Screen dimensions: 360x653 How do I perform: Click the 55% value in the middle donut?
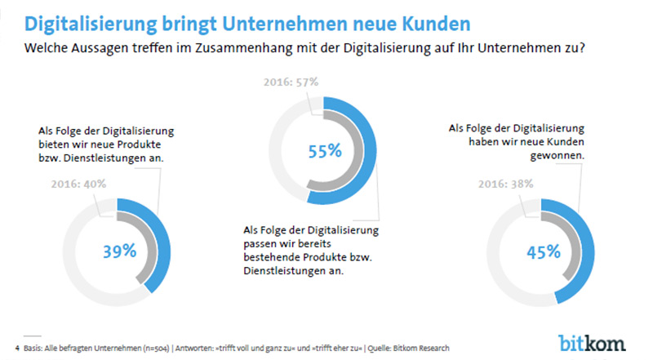[323, 151]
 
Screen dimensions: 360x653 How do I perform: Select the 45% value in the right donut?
[543, 251]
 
